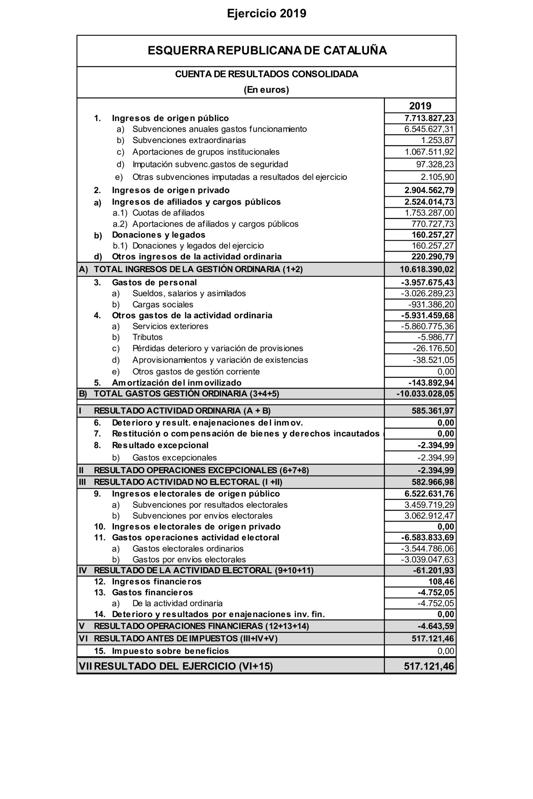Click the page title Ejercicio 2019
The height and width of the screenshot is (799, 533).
[x=266, y=14]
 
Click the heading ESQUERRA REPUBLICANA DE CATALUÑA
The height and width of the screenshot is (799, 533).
[x=267, y=51]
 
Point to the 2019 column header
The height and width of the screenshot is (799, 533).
[x=420, y=106]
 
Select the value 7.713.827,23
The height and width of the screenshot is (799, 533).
[x=429, y=118]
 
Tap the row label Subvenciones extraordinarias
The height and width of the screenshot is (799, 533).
[x=189, y=140]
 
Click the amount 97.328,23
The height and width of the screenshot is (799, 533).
[x=435, y=164]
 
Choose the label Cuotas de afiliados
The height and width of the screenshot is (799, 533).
[x=168, y=213]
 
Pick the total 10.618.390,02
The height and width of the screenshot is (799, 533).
[x=427, y=269]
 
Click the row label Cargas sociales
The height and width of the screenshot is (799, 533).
[x=162, y=305]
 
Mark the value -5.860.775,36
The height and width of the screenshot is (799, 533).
[x=427, y=326]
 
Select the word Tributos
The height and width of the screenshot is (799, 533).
[x=148, y=337]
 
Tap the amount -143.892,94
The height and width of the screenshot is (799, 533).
[x=431, y=383]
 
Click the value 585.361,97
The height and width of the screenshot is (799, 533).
[x=433, y=411]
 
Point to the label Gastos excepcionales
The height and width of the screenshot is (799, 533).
[x=174, y=458]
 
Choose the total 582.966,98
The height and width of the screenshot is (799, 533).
[x=433, y=482]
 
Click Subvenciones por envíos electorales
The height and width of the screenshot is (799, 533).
[x=202, y=516]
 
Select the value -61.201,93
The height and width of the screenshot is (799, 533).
[x=433, y=570]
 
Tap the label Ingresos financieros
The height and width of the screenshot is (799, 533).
[x=156, y=582]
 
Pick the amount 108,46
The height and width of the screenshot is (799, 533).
[x=441, y=582]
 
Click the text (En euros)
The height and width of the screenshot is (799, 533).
[x=266, y=90]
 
